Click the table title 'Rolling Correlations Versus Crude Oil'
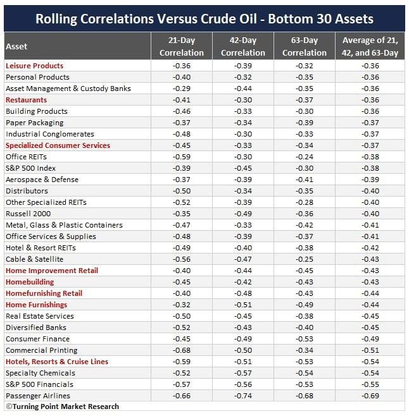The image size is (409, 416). [x=146, y=19]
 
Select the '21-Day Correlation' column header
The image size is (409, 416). [x=182, y=46]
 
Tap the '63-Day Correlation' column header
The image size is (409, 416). [x=305, y=46]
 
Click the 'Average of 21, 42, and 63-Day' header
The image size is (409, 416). [x=370, y=46]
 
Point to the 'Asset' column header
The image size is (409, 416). [x=16, y=46]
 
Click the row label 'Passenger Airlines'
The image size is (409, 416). [x=38, y=396]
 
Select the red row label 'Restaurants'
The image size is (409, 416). [x=26, y=100]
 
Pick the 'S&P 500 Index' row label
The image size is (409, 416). [x=30, y=168]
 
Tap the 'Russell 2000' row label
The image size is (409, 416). [x=28, y=214]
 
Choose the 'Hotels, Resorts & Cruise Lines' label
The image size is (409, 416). [x=57, y=362]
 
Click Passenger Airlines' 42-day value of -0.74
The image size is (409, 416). [x=243, y=396]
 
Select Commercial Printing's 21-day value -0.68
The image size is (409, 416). [x=182, y=350]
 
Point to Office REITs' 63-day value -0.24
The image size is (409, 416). [x=305, y=157]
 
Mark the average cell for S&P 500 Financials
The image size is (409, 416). [x=370, y=384]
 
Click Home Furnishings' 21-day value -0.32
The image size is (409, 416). [x=182, y=305]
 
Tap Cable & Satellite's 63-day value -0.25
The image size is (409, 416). [x=305, y=259]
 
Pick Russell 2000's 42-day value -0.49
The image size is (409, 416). [x=243, y=214]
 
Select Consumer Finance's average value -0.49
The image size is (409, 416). [x=370, y=339]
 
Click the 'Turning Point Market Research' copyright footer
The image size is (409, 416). [x=62, y=407]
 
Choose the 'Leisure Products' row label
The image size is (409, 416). [x=34, y=66]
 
